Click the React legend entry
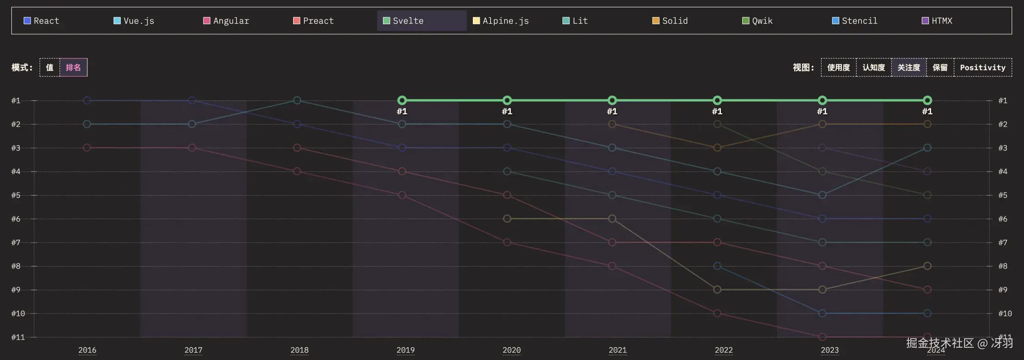[41, 21]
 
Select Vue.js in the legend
[134, 21]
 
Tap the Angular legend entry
[226, 21]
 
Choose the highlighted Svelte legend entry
[404, 21]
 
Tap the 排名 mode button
[73, 67]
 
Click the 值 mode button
[50, 67]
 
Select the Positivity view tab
[983, 67]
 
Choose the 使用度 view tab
[838, 67]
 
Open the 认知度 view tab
[873, 67]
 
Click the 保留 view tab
[940, 67]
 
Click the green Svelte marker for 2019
[402, 100]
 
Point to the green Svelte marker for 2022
[717, 100]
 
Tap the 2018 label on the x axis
[299, 350]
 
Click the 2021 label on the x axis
[618, 350]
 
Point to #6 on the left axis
[16, 219]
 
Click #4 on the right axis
[1003, 172]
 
